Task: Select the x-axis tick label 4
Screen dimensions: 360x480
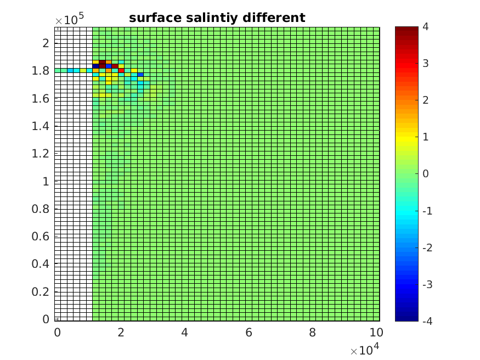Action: [185, 333]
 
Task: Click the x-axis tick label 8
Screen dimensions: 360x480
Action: [312, 333]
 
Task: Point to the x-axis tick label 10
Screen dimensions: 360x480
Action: [376, 333]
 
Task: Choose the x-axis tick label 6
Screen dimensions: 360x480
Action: [249, 333]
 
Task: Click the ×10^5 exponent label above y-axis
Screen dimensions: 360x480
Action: [69, 19]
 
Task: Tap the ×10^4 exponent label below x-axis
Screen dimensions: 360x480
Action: [365, 350]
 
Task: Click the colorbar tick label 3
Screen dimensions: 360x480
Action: [426, 64]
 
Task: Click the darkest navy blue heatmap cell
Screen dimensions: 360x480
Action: [96, 66]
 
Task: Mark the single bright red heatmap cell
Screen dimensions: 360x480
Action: [121, 70]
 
